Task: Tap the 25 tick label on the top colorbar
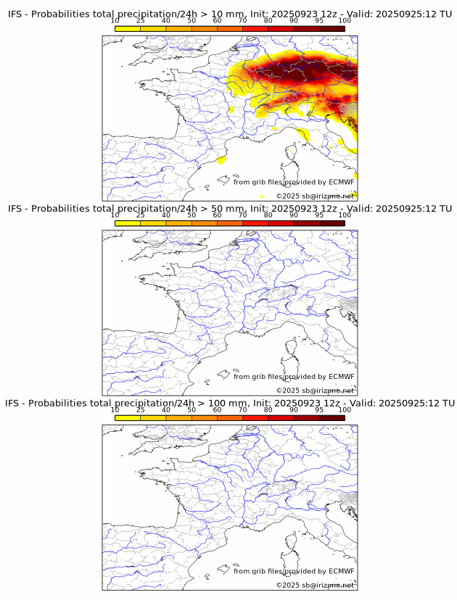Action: click(140, 20)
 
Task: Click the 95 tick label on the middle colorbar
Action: click(319, 215)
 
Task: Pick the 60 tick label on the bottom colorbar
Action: click(217, 409)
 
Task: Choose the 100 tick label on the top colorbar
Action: click(345, 20)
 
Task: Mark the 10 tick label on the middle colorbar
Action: click(115, 215)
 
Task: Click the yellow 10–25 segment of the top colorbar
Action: click(127, 28)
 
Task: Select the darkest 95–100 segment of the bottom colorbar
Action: click(332, 417)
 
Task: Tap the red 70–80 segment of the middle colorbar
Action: click(255, 223)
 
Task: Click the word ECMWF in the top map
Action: click(342, 182)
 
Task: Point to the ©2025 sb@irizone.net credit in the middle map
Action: click(315, 391)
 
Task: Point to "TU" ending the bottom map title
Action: click(448, 403)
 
